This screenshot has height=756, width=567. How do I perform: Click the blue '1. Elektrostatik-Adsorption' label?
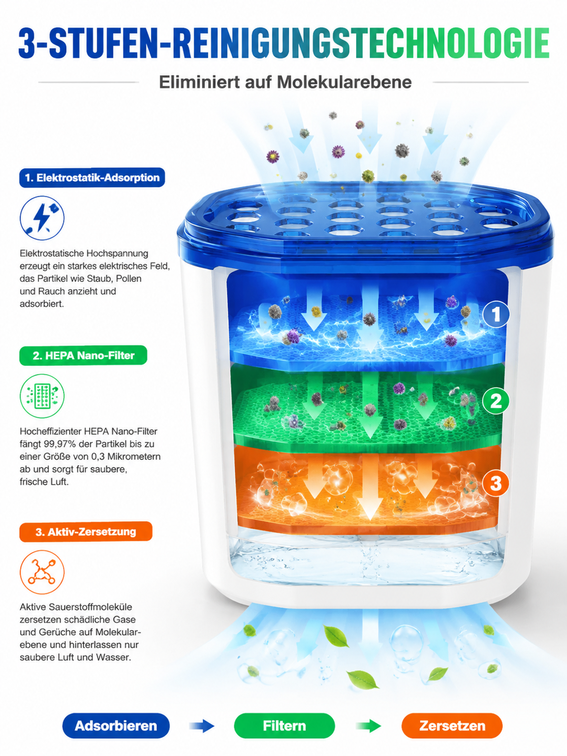[92, 178]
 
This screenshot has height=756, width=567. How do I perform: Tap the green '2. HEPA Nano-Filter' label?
[83, 355]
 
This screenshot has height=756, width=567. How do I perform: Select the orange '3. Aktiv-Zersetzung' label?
[86, 532]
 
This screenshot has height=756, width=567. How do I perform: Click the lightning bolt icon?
[42, 218]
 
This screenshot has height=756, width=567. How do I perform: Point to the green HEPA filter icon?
[42, 396]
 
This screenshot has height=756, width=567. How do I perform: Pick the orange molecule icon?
[42, 572]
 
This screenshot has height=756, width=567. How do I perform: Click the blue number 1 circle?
[496, 314]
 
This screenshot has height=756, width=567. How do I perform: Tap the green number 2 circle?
[496, 401]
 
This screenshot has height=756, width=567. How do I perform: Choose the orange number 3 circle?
[496, 483]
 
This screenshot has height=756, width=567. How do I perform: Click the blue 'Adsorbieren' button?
[116, 725]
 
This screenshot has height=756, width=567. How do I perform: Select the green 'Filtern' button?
[284, 725]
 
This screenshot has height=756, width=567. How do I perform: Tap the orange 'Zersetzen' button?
[452, 725]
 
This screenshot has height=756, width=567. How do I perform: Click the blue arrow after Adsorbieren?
[202, 725]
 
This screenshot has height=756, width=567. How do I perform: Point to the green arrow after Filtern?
[369, 725]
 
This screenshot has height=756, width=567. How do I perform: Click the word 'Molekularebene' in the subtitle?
[344, 82]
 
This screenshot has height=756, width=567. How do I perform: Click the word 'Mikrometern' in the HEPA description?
[134, 457]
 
